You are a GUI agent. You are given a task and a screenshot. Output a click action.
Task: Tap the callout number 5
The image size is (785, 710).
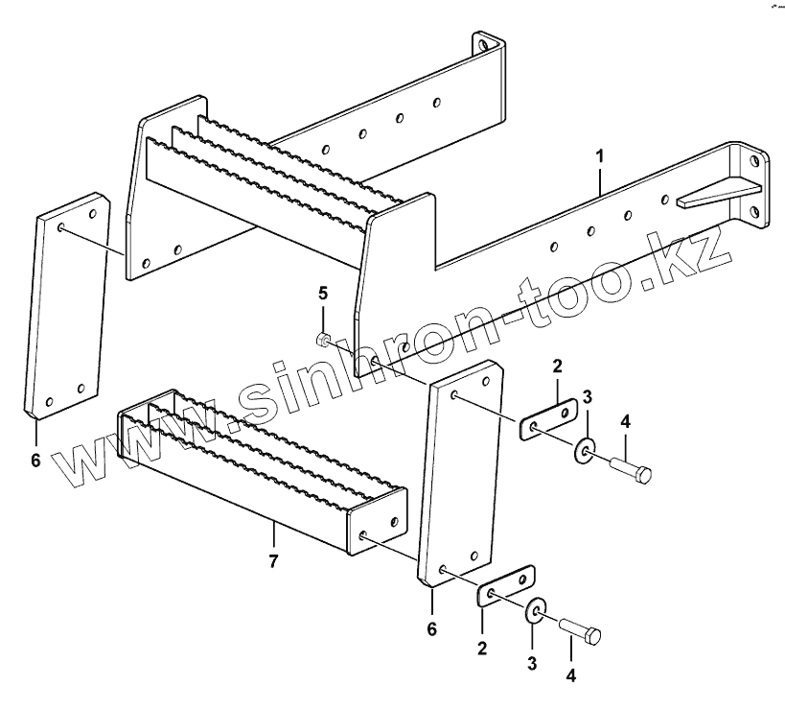pos(323,292)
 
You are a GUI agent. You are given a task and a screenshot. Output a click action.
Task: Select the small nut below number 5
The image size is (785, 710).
pos(324,338)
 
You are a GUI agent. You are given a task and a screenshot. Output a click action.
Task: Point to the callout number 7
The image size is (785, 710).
pos(273,561)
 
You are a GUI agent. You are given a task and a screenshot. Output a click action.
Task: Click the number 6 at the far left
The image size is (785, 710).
pos(35,461)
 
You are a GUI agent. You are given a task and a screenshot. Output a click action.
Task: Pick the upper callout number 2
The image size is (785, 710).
pos(556,366)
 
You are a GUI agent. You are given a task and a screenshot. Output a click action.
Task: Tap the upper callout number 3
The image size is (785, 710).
pos(589,398)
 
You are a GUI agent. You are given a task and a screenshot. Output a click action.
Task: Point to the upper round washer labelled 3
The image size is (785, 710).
pos(584,450)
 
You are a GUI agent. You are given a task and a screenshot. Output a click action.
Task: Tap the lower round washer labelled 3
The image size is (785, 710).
pos(534,611)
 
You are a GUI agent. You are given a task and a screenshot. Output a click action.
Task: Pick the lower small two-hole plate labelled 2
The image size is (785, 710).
pos(506,586)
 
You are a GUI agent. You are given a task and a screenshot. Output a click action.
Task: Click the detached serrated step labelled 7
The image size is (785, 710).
pos(259,470)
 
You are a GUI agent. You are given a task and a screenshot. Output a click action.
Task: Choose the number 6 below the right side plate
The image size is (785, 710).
pos(432,628)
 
